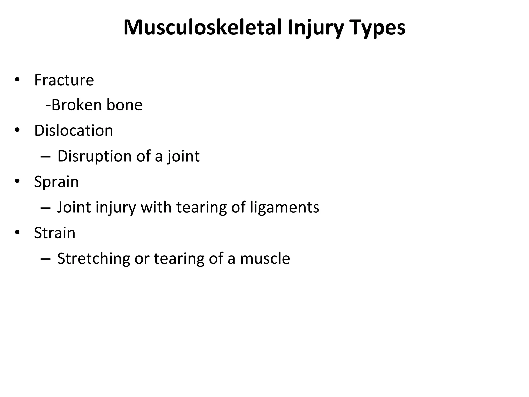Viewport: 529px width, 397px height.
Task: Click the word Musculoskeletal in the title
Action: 202,28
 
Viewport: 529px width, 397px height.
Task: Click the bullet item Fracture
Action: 64,80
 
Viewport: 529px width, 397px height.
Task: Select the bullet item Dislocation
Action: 74,131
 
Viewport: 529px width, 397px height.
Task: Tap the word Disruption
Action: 95,156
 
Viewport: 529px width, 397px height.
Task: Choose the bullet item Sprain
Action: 56,182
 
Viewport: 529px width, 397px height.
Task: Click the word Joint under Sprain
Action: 74,207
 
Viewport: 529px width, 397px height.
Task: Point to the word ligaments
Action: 285,207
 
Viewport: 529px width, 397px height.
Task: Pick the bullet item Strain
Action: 55,233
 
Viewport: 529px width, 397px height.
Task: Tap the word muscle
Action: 265,258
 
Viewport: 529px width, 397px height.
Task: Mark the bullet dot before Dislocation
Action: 17,130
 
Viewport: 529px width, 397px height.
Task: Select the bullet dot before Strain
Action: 17,233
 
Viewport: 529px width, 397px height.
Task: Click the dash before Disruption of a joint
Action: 45,157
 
